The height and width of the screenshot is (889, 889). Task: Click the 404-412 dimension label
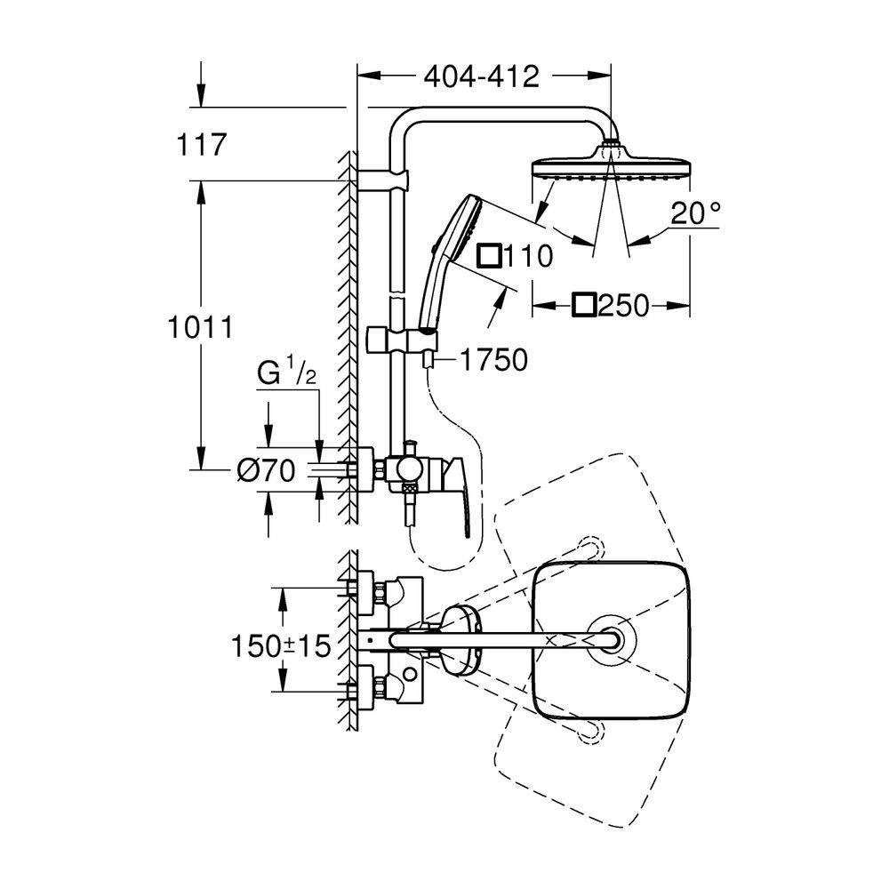(x=481, y=76)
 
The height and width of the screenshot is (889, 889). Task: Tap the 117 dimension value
(x=201, y=144)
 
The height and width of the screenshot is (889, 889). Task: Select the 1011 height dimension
(x=200, y=328)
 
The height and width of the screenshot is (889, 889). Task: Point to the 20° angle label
(x=696, y=213)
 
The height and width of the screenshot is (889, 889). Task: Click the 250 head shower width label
(x=623, y=306)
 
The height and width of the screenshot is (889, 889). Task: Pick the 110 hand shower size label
(x=528, y=256)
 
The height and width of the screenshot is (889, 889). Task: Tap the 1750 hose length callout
(x=493, y=360)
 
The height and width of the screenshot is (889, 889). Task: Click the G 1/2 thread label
(x=286, y=375)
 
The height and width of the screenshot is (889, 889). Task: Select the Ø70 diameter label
(x=266, y=470)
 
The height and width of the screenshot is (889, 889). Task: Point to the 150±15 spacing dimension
(x=281, y=645)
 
